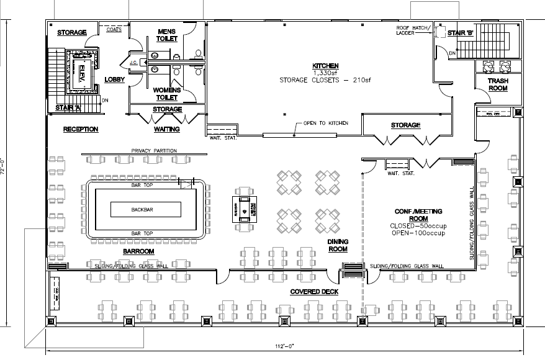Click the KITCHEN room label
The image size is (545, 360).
pyautogui.click(x=325, y=65)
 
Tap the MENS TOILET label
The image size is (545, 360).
pyautogui.click(x=167, y=35)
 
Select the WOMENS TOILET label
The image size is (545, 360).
pyautogui.click(x=166, y=94)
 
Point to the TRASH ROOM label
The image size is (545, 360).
pyautogui.click(x=497, y=84)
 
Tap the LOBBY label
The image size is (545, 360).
pyautogui.click(x=115, y=80)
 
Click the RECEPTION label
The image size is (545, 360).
pyautogui.click(x=81, y=129)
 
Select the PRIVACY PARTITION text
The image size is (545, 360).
pyautogui.click(x=155, y=151)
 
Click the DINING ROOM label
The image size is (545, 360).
pyautogui.click(x=337, y=245)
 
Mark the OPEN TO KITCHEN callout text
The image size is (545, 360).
pyautogui.click(x=325, y=123)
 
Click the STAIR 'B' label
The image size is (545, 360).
pyautogui.click(x=462, y=33)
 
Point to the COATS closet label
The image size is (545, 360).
pyautogui.click(x=114, y=29)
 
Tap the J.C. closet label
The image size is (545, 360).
pyautogui.click(x=133, y=63)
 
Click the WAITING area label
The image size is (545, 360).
pyautogui.click(x=166, y=129)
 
